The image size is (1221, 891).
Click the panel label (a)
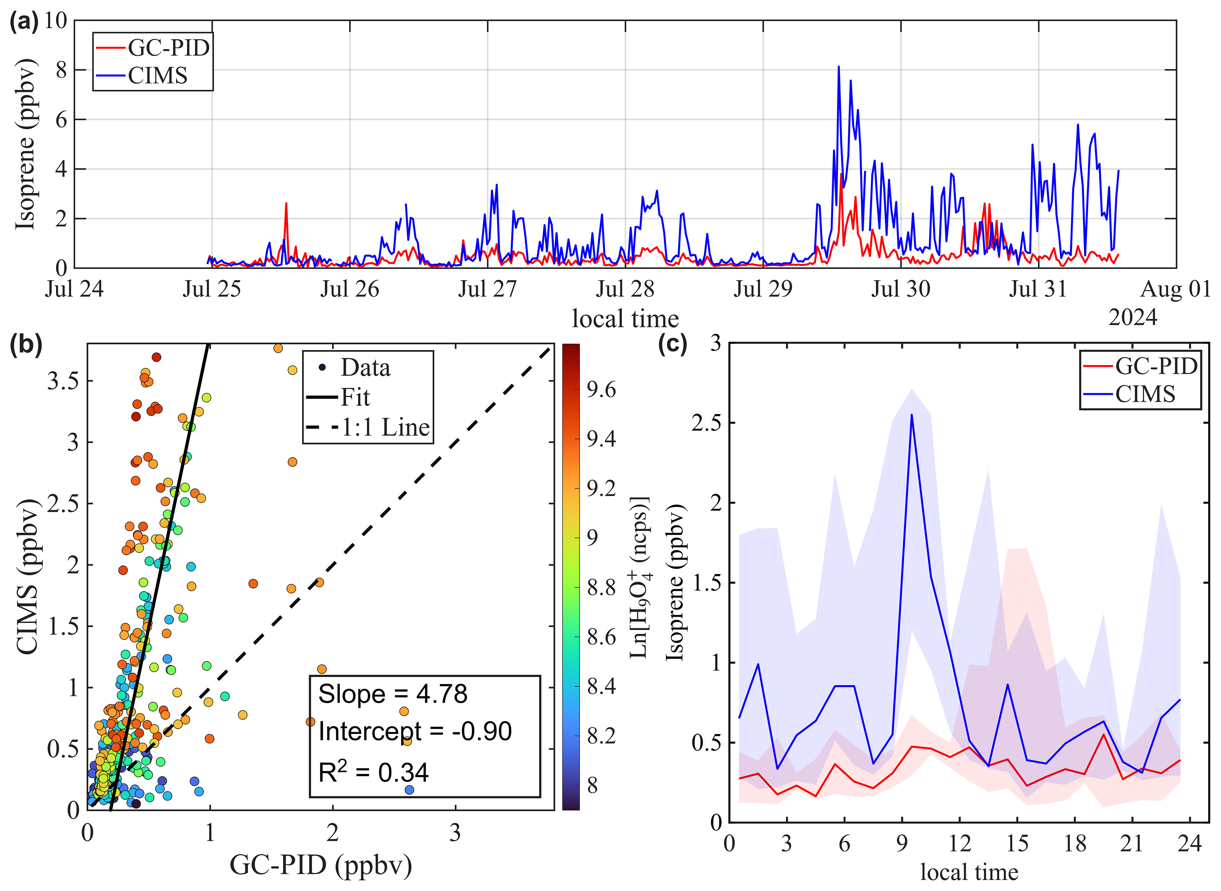tap(24, 23)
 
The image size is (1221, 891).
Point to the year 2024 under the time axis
tap(1132, 318)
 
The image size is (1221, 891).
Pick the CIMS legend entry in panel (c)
tap(1144, 394)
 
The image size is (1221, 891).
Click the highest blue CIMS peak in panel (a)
tap(839, 67)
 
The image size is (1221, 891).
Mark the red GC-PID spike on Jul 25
tap(286, 204)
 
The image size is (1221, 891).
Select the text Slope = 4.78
tap(393, 694)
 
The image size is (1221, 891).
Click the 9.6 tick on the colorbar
tap(601, 389)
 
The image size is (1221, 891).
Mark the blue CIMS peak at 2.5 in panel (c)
tap(911, 415)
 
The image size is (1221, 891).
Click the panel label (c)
tap(672, 344)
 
